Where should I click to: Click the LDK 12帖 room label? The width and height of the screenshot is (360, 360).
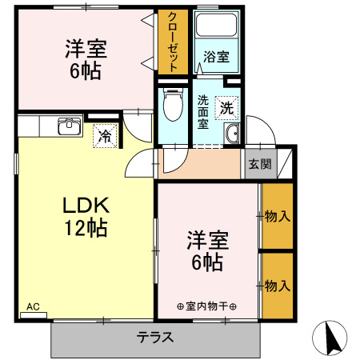pyautogui.click(x=86, y=216)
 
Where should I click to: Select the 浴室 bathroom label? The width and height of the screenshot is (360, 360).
pyautogui.click(x=216, y=57)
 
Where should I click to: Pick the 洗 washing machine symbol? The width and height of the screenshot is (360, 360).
pyautogui.click(x=228, y=106)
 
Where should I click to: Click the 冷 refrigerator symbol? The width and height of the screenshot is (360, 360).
pyautogui.click(x=104, y=135)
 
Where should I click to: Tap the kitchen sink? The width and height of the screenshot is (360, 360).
pyautogui.click(x=69, y=126)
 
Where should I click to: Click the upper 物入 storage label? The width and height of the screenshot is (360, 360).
pyautogui.click(x=277, y=216)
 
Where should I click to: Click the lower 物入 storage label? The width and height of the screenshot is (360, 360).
pyautogui.click(x=277, y=285)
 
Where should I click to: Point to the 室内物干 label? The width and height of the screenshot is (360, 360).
pyautogui.click(x=207, y=306)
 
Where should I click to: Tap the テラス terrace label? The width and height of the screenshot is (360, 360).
pyautogui.click(x=155, y=337)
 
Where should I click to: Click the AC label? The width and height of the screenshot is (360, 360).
pyautogui.click(x=33, y=306)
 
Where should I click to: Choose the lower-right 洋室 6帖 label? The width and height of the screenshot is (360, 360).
pyautogui.click(x=207, y=250)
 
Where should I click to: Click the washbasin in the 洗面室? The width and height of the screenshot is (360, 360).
pyautogui.click(x=232, y=134)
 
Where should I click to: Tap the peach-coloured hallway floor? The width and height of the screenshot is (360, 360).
pyautogui.click(x=200, y=165)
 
